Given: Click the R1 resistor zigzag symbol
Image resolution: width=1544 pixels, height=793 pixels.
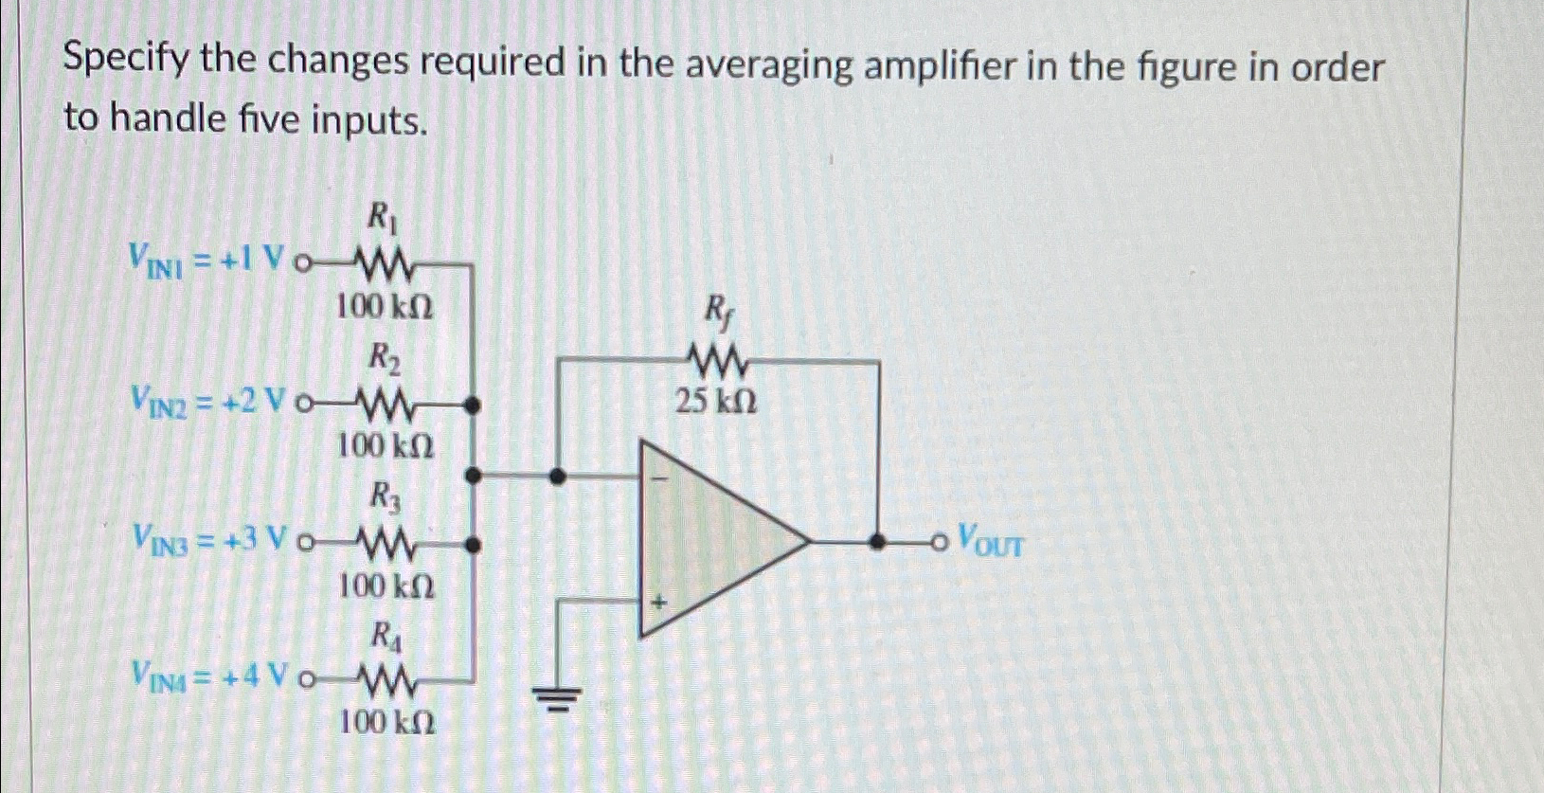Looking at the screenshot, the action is tap(384, 262).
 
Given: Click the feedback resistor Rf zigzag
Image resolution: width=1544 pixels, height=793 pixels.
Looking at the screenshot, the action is tap(717, 361).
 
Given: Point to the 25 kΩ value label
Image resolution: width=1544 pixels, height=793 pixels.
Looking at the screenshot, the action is tap(716, 404).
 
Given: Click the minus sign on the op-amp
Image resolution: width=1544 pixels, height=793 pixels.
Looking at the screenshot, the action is tap(662, 478).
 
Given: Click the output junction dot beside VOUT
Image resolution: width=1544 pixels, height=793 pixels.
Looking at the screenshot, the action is tap(879, 542).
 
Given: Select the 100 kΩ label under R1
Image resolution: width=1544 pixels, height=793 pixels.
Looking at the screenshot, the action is tap(386, 306).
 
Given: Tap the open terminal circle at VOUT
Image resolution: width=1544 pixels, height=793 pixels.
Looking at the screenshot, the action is tap(939, 542).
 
